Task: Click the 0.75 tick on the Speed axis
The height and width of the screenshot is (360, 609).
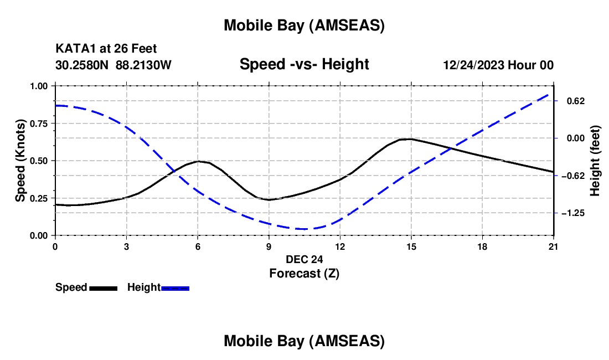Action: coord(55,123)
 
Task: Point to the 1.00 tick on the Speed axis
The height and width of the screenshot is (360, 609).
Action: coord(55,86)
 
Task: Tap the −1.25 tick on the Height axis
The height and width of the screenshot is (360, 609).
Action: coord(554,213)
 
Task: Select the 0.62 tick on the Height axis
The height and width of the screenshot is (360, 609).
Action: coord(554,101)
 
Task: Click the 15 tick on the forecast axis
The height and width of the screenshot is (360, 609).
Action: coord(411,235)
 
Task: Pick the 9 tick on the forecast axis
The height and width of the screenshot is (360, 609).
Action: coord(269,235)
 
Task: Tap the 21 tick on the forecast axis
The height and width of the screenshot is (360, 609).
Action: coord(554,235)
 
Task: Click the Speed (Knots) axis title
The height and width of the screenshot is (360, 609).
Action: coord(20,161)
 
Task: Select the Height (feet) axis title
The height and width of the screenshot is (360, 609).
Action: coord(595,161)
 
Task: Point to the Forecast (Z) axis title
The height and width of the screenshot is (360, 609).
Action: coord(304,273)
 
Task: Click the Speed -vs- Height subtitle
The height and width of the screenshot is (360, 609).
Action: coord(304,64)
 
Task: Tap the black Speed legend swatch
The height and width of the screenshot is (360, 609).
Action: coord(103,288)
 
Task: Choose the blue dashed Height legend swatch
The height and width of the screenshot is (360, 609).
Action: coord(175,288)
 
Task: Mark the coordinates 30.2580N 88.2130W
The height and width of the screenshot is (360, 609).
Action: coord(113,65)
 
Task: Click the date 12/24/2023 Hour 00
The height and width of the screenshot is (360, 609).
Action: coord(498,65)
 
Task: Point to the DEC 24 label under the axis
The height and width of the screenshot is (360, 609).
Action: coord(304,259)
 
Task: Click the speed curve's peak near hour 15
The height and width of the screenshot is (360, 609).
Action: coord(409,139)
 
